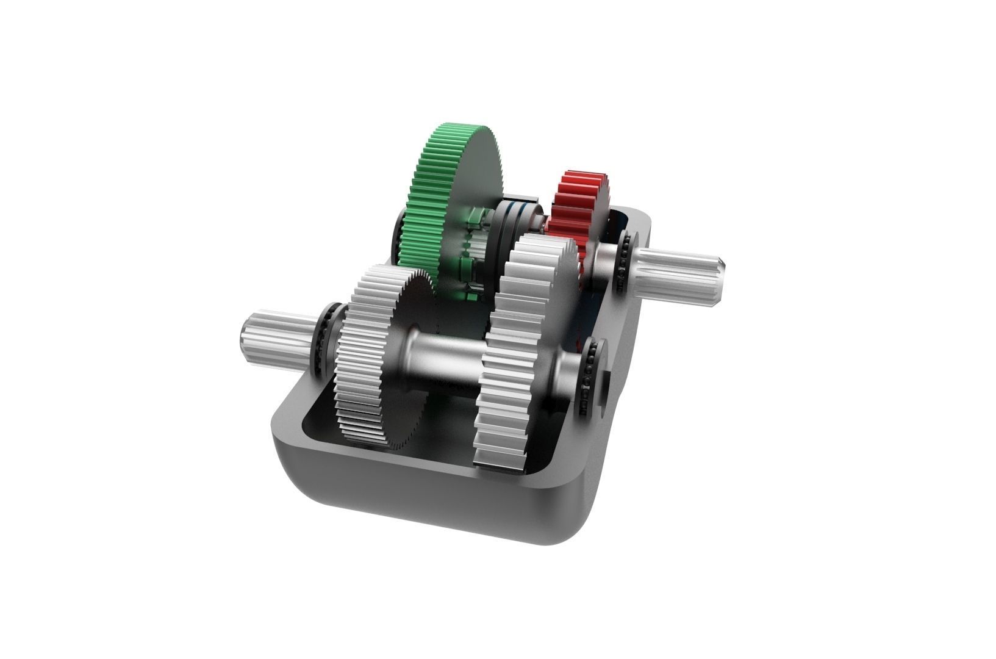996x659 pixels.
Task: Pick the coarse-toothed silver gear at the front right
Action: [x=518, y=342]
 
